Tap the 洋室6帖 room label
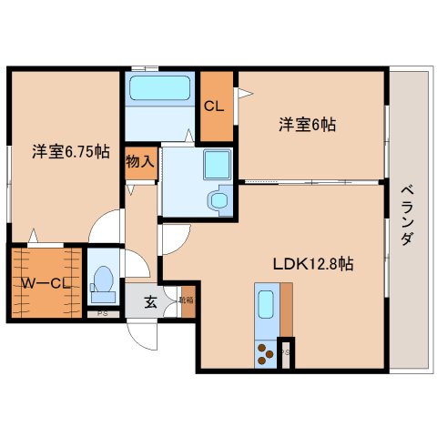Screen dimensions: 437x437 pos(307,125)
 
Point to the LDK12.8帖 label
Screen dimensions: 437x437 pos(314,264)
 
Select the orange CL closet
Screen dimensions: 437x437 pos(215,105)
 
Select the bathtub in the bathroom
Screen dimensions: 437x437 pos(158,88)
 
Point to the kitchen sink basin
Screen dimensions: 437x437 pos(266,303)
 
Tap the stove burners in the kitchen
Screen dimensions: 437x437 pos(266,351)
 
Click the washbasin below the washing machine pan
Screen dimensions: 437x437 pos(219,199)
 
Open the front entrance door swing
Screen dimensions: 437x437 pos(142,339)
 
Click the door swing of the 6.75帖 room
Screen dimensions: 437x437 pos(107,223)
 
